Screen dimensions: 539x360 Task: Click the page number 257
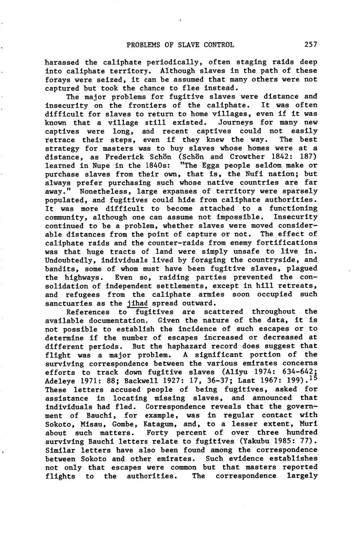pos(311,45)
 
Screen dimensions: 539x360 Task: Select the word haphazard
pos(189,346)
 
